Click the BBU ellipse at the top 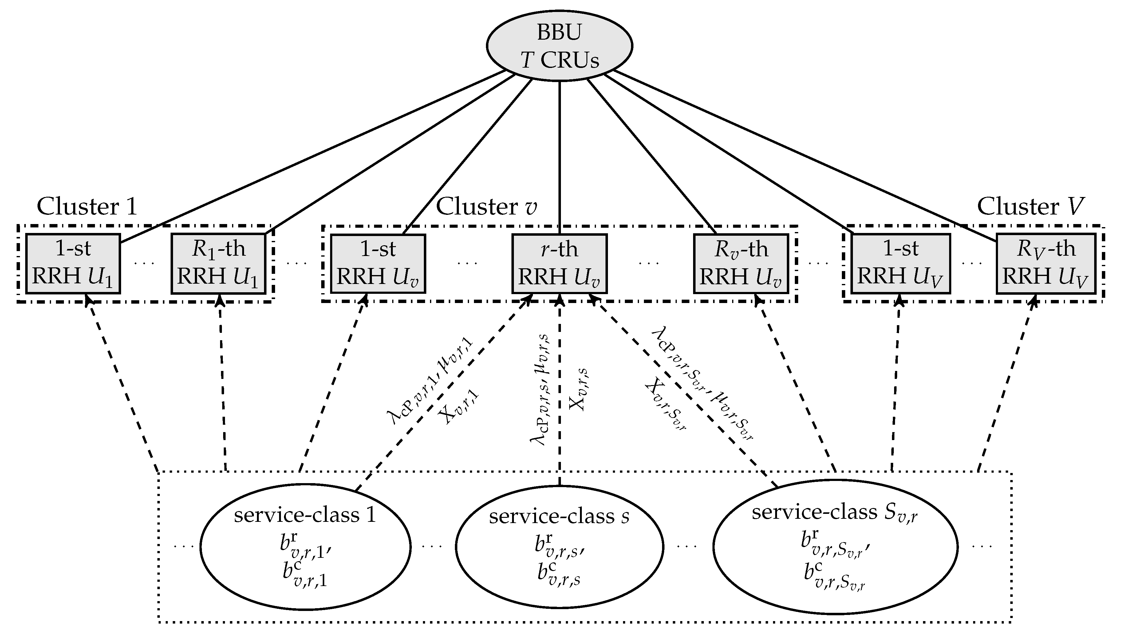click(x=559, y=46)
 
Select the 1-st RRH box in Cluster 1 click(x=73, y=264)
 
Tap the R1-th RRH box click(x=218, y=264)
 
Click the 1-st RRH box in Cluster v click(x=378, y=264)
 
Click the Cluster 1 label click(x=87, y=206)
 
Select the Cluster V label click(x=1031, y=206)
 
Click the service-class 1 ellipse click(x=305, y=547)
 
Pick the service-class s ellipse click(x=559, y=547)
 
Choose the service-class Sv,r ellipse click(x=835, y=547)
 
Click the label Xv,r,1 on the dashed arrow click(x=459, y=407)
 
